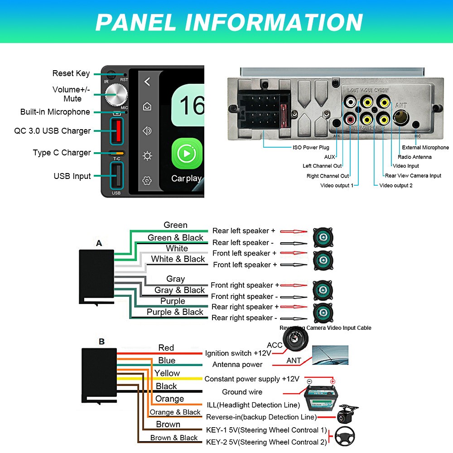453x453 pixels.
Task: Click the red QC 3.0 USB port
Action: point(117,130)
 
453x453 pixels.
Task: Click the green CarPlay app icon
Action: point(186,154)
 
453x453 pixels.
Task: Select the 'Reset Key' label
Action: point(71,73)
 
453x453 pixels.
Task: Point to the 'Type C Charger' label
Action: point(62,153)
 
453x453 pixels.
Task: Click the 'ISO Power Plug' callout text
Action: point(311,147)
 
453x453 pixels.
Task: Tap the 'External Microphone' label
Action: point(425,147)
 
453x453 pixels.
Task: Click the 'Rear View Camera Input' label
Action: point(413,176)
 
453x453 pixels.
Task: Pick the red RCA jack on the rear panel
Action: point(351,120)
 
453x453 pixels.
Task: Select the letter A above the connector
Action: point(99,243)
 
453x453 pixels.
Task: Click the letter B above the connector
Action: point(101,342)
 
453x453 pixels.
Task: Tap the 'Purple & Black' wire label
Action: point(175,312)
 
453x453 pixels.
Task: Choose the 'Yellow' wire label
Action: point(167,373)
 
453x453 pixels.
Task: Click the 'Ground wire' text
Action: point(242,392)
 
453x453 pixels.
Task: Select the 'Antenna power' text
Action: point(237,365)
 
